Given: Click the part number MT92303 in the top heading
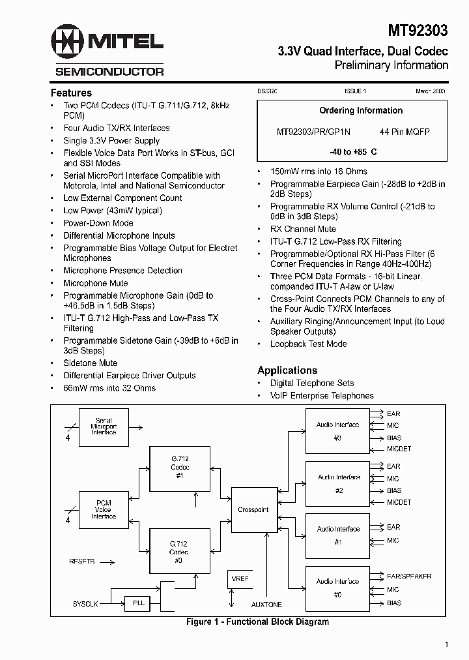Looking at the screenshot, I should click(417, 30).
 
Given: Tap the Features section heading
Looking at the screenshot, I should click(71, 93).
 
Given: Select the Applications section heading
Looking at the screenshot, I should click(287, 370).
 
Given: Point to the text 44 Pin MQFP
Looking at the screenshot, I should click(405, 132).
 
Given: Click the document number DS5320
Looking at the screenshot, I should click(266, 92).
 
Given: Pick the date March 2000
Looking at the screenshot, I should click(430, 92).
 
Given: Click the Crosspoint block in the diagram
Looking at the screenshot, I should click(253, 510).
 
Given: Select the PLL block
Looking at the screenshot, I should click(139, 603).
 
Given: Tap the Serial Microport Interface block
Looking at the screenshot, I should click(104, 427).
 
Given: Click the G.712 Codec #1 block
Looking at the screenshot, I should click(180, 468).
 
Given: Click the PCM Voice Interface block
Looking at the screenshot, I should click(104, 509).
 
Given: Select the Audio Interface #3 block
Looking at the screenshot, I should click(337, 430).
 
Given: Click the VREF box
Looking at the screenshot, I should click(240, 579).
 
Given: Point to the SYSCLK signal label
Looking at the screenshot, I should click(85, 604).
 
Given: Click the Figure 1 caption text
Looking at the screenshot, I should click(257, 622).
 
